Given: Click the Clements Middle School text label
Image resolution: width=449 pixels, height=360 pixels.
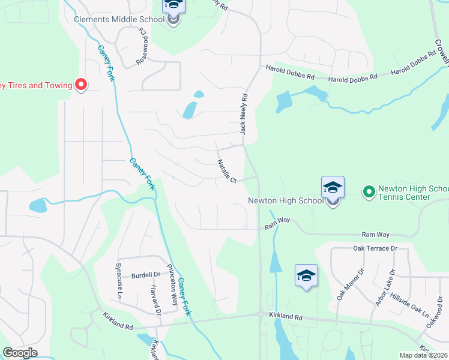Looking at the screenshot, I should tap(119, 19).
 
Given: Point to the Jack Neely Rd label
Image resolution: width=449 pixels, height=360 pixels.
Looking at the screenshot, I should tap(244, 113).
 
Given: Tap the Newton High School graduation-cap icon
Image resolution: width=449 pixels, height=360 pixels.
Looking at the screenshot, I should tap(333, 188).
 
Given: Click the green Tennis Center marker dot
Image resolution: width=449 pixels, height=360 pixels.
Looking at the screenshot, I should tap(369, 192).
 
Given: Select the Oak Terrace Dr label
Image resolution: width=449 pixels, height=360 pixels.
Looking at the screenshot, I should tap(376, 248).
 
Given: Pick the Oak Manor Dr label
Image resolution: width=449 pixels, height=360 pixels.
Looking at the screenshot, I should tap(343, 285).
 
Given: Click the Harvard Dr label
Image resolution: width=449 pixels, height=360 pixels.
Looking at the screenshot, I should tap(155, 299).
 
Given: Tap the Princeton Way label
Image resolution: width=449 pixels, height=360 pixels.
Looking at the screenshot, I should tap(172, 284).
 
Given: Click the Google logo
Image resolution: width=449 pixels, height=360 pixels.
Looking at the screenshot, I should tap(20, 353).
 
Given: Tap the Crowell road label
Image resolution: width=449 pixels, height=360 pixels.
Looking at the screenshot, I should tap(441, 45).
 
